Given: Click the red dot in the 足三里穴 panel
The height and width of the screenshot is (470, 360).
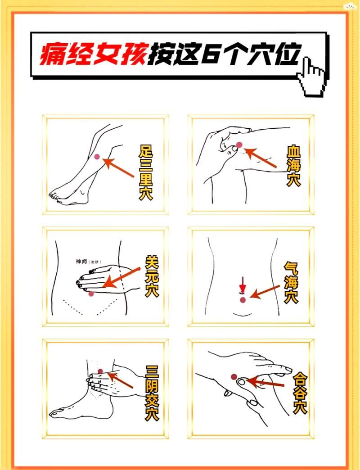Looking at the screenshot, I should tap(97, 156).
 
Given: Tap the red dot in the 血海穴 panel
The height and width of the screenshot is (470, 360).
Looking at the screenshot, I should tap(239, 145).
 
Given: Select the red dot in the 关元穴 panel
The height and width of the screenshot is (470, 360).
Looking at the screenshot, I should tap(91, 294).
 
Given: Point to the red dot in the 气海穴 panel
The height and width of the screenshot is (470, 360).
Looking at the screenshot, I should tap(243, 299).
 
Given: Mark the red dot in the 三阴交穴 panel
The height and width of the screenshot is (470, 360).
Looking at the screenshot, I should tap(100, 371).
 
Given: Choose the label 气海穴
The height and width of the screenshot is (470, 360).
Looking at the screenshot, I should tap(291, 283).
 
